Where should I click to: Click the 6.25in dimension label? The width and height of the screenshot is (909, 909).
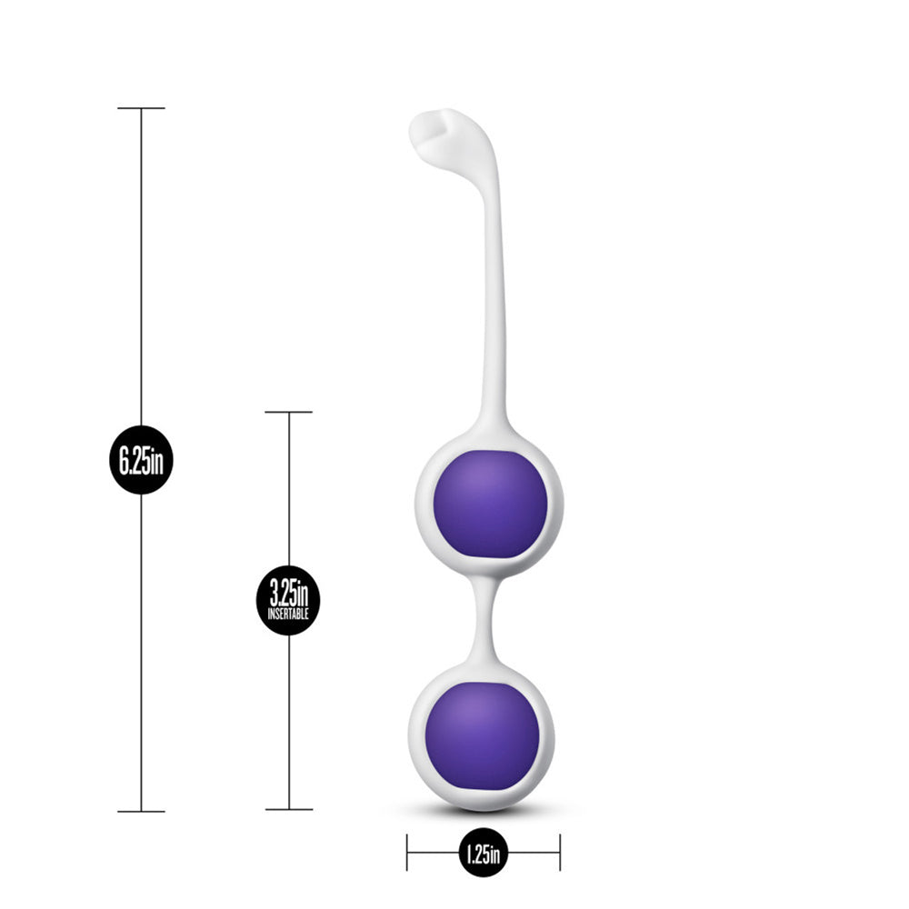coord(141,460)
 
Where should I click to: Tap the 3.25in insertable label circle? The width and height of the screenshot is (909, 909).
coord(288,600)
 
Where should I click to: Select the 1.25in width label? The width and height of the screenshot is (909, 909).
coord(483,853)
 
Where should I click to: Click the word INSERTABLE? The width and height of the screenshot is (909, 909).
coord(288,614)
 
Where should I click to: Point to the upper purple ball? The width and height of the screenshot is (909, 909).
coord(490,505)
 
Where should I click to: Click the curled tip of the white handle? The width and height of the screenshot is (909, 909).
coord(432,127)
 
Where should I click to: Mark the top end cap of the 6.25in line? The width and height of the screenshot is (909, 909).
coord(141,108)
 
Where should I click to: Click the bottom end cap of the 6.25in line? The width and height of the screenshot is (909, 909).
coord(141,811)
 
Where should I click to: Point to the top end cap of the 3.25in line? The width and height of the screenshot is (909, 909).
coord(288,412)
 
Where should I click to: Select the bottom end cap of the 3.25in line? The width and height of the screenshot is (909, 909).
coord(288,809)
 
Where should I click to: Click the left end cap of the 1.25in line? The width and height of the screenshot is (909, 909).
coord(407,853)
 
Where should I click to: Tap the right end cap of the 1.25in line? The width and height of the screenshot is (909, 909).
coord(559,853)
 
